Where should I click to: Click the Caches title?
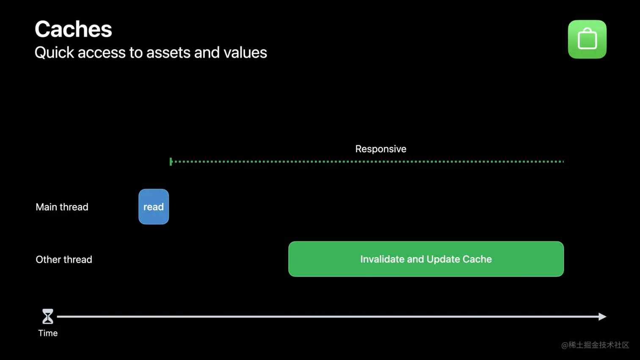73,29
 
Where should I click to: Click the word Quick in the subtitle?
54,53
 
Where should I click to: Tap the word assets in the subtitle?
168,53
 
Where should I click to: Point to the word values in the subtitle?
245,53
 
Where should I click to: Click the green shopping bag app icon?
587,39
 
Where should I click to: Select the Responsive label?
381,149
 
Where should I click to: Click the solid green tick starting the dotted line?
171,162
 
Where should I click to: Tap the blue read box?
154,207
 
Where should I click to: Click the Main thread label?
62,207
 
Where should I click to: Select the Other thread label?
64,259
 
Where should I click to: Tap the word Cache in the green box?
477,259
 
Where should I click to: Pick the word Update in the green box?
443,259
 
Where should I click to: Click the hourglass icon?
48,316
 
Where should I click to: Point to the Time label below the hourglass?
48,333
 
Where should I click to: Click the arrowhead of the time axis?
603,316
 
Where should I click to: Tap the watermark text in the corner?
595,345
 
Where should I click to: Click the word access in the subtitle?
102,53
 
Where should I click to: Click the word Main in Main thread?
46,207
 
